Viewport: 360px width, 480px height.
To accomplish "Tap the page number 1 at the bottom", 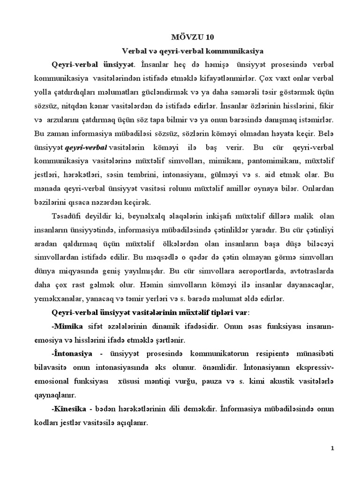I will coord(332,448).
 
